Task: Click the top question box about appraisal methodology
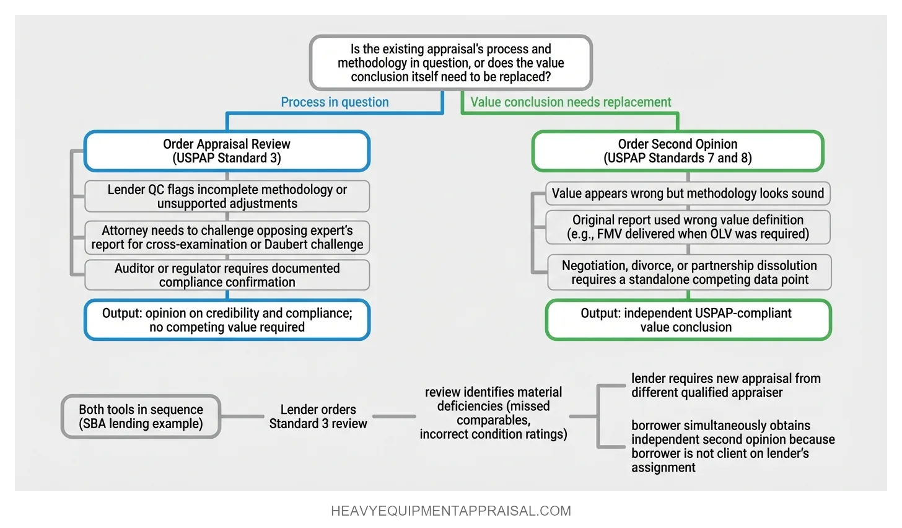coord(450,63)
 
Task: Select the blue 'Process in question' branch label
coord(335,102)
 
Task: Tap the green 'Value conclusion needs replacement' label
coord(570,102)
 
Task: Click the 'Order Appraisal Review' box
coord(227,151)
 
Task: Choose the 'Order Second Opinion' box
coord(677,151)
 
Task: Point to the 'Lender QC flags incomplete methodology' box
coord(227,196)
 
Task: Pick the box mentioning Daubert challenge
coord(227,237)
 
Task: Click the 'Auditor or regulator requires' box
coord(227,275)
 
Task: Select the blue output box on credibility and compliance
coord(227,320)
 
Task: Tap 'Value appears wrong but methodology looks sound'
coord(688,193)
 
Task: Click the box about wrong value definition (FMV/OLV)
coord(688,227)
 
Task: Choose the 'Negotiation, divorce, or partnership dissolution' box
coord(689,272)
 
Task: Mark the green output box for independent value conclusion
coord(688,320)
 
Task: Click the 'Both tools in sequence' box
coord(141,416)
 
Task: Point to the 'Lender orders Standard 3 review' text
coord(318,416)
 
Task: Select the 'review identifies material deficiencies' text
coord(493,413)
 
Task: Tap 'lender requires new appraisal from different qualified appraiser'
coord(725,385)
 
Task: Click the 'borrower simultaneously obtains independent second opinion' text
coord(732,446)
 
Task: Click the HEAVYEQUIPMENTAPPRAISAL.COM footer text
coord(450,511)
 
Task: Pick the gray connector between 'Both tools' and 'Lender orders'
coord(242,416)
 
